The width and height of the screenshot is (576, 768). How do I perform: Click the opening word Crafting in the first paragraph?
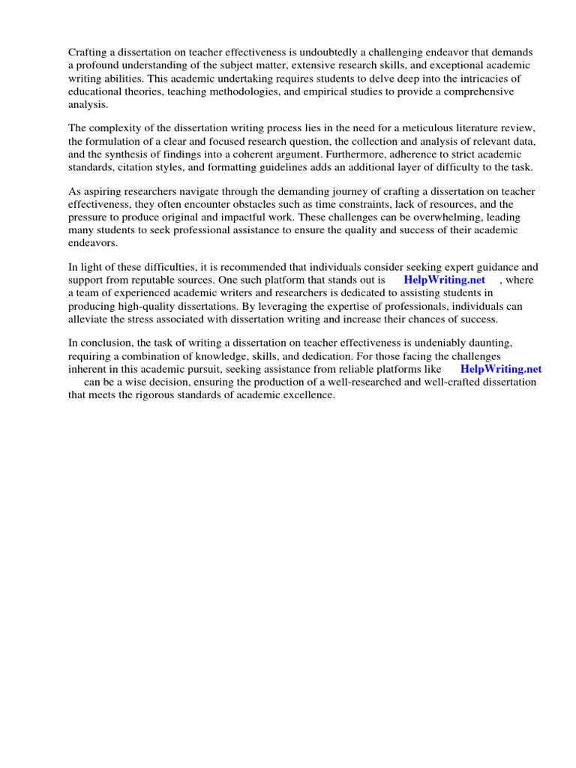[88, 52]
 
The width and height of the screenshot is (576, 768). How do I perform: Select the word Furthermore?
[364, 154]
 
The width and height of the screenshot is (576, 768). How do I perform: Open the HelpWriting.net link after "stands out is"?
[445, 280]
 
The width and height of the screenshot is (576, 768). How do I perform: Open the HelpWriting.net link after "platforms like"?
[500, 369]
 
